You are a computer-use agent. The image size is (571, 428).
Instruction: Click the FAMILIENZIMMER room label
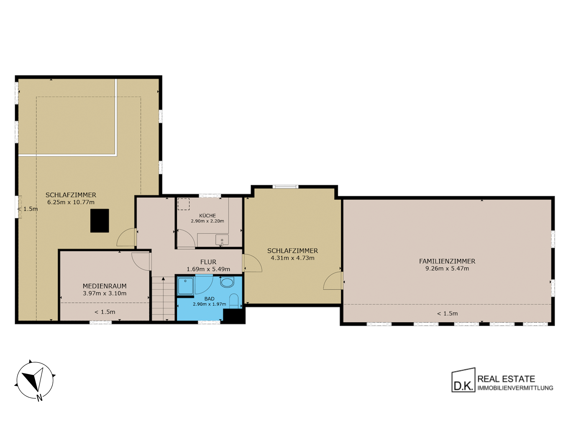(x=447, y=261)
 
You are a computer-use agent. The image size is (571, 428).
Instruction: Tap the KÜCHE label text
(x=208, y=215)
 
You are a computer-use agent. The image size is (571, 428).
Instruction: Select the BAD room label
(x=209, y=299)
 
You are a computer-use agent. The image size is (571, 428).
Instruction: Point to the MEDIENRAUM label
(x=105, y=286)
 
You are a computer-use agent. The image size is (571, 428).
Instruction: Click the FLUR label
(x=208, y=262)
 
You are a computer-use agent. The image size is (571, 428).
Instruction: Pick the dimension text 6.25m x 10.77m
(x=71, y=202)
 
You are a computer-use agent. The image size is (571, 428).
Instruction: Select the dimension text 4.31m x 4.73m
(x=292, y=258)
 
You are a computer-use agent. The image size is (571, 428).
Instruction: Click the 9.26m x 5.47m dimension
(x=447, y=269)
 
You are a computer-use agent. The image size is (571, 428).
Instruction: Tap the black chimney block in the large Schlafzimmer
(x=100, y=221)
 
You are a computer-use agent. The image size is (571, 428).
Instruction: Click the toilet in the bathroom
(x=234, y=301)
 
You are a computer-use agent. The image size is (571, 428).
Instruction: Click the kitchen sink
(x=222, y=240)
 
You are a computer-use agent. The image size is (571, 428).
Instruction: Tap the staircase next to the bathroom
(x=163, y=298)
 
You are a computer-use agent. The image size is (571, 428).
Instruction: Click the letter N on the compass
(x=40, y=398)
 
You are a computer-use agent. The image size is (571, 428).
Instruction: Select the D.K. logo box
(x=463, y=380)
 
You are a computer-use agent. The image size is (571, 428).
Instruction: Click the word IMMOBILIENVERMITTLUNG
(x=515, y=388)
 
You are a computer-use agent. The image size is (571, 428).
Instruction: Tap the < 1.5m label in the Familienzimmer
(x=447, y=314)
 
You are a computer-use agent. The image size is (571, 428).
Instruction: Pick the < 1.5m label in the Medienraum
(x=105, y=312)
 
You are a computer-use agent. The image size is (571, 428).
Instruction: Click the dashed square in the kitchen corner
(x=184, y=204)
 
